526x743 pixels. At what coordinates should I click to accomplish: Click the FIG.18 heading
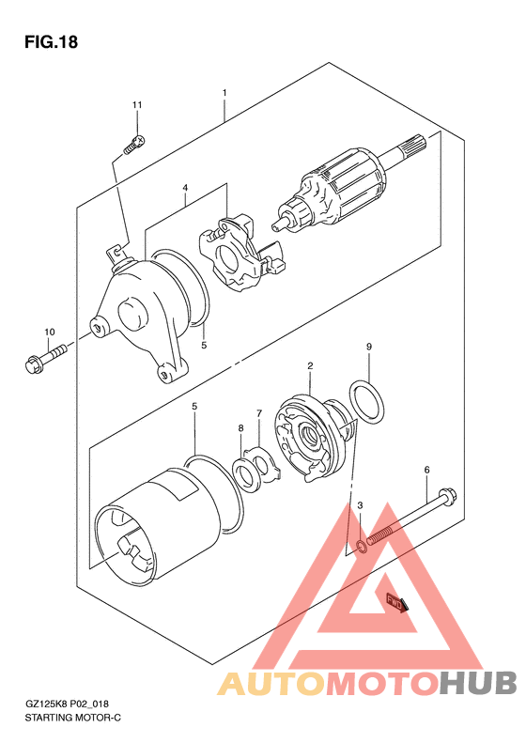pyautogui.click(x=51, y=42)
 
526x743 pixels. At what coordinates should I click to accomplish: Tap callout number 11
pyautogui.click(x=137, y=104)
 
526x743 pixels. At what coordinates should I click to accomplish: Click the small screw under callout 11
pyautogui.click(x=134, y=144)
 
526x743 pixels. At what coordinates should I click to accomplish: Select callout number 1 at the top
pyautogui.click(x=224, y=93)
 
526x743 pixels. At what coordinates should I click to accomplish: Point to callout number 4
pyautogui.click(x=185, y=188)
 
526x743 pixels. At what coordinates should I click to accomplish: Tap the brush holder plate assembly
pyautogui.click(x=240, y=253)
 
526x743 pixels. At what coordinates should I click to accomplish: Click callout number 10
pyautogui.click(x=50, y=333)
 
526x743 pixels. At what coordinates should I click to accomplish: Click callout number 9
pyautogui.click(x=369, y=347)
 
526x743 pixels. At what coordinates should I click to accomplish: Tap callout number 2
pyautogui.click(x=310, y=365)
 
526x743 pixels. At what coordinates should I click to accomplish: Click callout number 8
pyautogui.click(x=241, y=428)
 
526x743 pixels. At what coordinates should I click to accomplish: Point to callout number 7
pyautogui.click(x=259, y=413)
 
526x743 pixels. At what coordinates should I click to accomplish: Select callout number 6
pyautogui.click(x=426, y=470)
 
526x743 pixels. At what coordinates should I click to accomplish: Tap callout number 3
pyautogui.click(x=360, y=505)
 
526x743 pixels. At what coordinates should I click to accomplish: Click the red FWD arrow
pyautogui.click(x=396, y=603)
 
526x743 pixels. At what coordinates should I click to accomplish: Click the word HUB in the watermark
pyautogui.click(x=477, y=683)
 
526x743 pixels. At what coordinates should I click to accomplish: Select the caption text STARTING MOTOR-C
pyautogui.click(x=72, y=718)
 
